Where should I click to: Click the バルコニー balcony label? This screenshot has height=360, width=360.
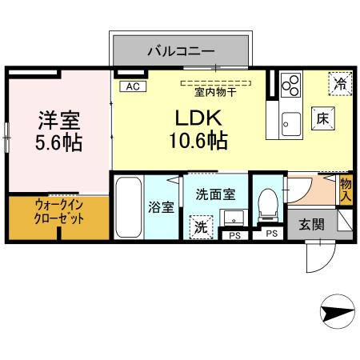180,52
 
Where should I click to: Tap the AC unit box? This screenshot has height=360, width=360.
130,86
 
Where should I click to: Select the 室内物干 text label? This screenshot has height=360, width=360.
216,91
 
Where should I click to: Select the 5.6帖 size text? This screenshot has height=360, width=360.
60,145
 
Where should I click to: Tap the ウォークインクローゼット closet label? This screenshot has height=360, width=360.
58,217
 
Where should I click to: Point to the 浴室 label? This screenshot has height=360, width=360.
162,207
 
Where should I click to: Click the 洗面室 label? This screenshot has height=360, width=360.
215,193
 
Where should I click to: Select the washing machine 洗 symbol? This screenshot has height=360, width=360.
199,226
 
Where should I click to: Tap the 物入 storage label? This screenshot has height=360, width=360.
346,189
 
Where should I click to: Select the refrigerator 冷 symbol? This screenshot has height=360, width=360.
340,82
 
